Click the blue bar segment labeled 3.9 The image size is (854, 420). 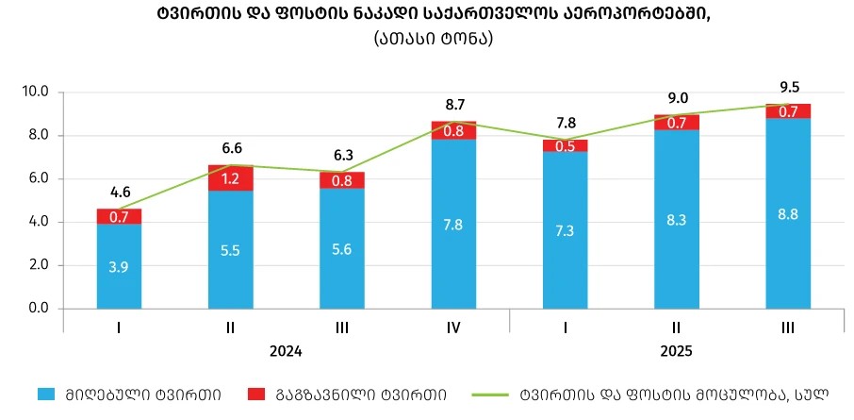[x=119, y=266]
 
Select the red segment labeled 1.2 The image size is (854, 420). [x=231, y=177]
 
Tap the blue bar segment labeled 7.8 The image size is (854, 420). [x=454, y=224]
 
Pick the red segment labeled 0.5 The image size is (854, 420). [x=566, y=145]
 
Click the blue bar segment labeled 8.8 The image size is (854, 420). [x=788, y=213]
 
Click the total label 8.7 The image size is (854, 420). [x=454, y=106]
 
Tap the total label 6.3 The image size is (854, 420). [x=343, y=155]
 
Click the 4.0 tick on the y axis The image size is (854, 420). [x=39, y=223]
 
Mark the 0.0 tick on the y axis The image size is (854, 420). [x=39, y=309]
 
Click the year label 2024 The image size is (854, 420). [x=287, y=351]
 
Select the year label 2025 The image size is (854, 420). [x=676, y=351]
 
